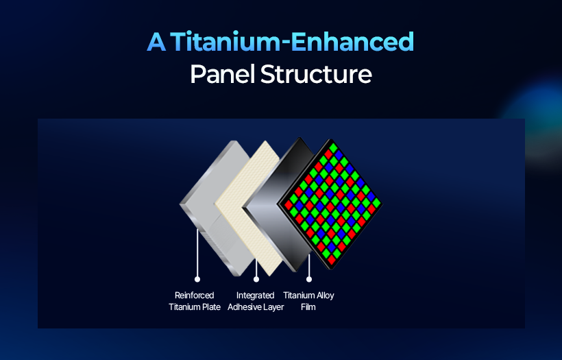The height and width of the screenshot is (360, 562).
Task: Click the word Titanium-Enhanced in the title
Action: tap(292, 42)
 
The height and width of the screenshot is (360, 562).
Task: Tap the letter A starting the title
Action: tap(156, 42)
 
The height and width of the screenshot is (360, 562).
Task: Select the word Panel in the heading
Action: tap(222, 74)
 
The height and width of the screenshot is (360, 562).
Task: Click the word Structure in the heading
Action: tap(316, 74)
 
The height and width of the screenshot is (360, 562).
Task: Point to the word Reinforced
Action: tap(194, 295)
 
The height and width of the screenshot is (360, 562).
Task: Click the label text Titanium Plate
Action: tap(194, 307)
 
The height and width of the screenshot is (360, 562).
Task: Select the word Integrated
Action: tap(255, 296)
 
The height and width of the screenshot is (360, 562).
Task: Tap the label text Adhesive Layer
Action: tap(256, 307)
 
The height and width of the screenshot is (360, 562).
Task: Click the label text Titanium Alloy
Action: tap(308, 296)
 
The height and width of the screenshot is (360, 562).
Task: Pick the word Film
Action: tap(308, 307)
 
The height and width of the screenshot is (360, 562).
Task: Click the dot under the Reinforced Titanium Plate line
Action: tap(197, 279)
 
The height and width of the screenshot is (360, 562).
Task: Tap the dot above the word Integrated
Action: tap(256, 279)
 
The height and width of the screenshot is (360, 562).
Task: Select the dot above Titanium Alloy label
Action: tap(309, 279)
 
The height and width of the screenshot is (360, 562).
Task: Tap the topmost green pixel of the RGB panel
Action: tap(333, 147)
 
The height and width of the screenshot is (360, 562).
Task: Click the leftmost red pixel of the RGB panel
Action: tap(289, 205)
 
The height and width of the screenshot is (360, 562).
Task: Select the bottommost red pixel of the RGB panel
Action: tap(332, 259)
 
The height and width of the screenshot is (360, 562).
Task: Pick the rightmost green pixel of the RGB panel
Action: tap(376, 203)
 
